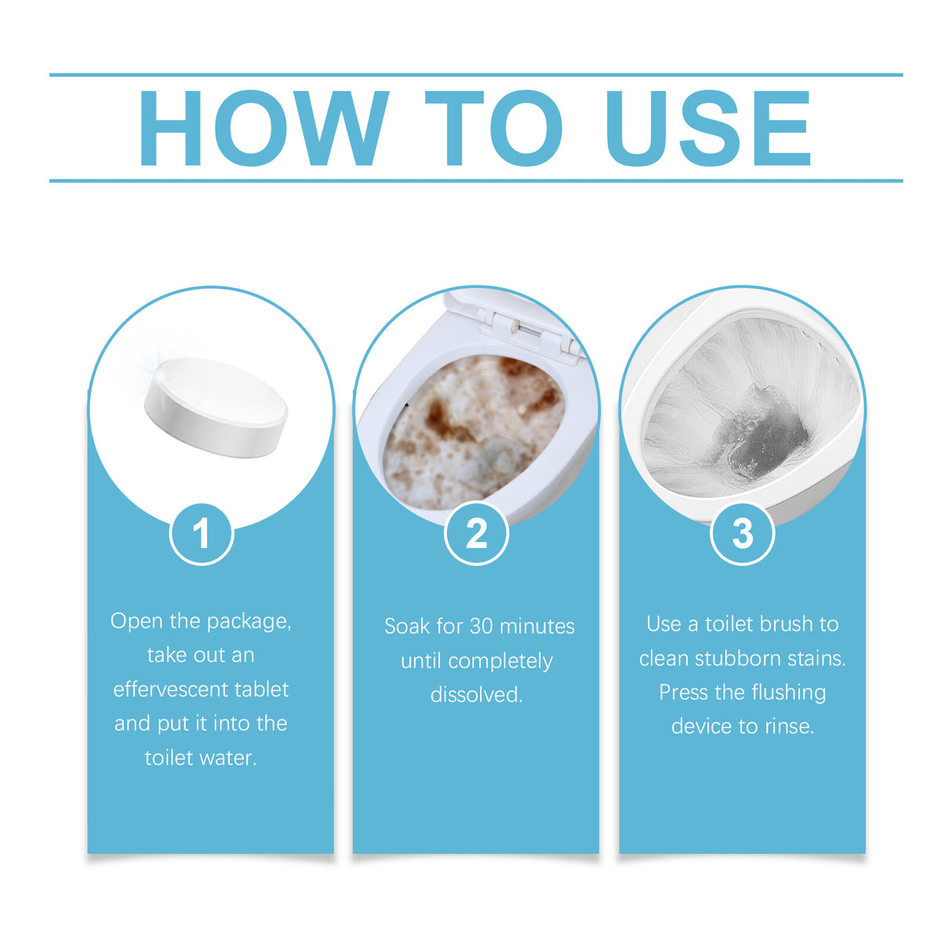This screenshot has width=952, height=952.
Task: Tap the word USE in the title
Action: pyautogui.click(x=707, y=129)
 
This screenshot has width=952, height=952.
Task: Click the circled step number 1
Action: pyautogui.click(x=202, y=534)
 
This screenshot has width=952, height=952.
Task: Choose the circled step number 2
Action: pyautogui.click(x=476, y=534)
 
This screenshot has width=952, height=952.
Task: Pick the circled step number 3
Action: pyautogui.click(x=742, y=534)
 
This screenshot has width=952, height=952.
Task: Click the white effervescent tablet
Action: pyautogui.click(x=216, y=406)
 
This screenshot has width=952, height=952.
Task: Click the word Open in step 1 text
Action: pyautogui.click(x=137, y=621)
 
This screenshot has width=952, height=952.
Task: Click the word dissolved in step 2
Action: pyautogui.click(x=476, y=695)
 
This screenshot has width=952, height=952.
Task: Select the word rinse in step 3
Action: pyautogui.click(x=789, y=727)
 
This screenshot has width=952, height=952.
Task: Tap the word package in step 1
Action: pyautogui.click(x=249, y=622)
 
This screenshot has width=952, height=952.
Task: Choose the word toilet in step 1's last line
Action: pyautogui.click(x=169, y=758)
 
